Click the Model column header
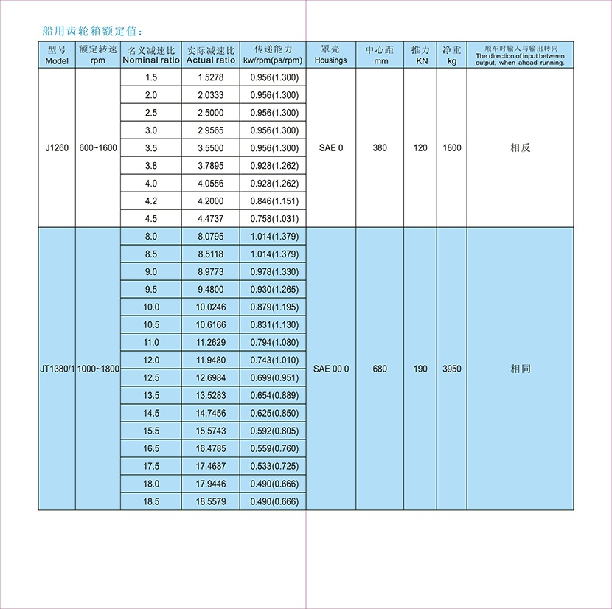click(x=57, y=55)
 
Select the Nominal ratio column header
click(x=151, y=55)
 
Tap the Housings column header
click(x=330, y=55)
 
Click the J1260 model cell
click(x=57, y=148)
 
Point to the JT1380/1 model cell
click(x=58, y=369)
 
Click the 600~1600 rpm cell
click(x=97, y=148)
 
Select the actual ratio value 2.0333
click(x=210, y=95)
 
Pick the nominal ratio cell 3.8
click(x=151, y=166)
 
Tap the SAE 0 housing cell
click(x=331, y=148)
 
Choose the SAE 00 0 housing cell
click(x=331, y=369)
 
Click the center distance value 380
click(x=380, y=148)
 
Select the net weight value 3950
click(x=452, y=369)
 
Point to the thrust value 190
click(x=420, y=369)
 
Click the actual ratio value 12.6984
click(x=210, y=377)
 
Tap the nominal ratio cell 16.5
click(x=151, y=448)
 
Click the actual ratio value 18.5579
click(x=210, y=501)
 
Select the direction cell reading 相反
click(x=521, y=148)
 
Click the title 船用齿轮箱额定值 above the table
click(x=97, y=32)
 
